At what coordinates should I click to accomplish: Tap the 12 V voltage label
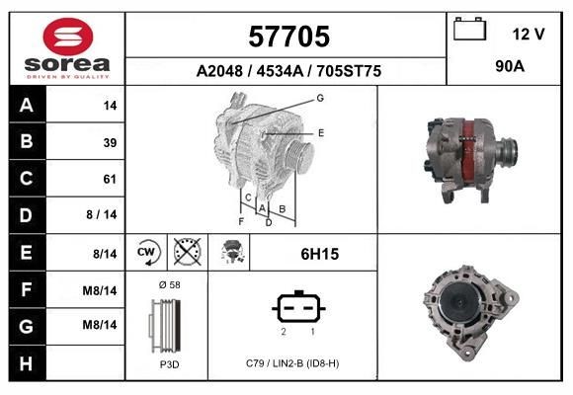click(x=528, y=34)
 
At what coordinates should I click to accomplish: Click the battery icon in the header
click(x=469, y=30)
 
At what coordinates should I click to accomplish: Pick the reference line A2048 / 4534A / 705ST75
click(x=288, y=71)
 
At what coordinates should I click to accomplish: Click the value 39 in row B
click(x=109, y=142)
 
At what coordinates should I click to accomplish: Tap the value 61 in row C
click(x=109, y=179)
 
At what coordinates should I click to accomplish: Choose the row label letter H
click(x=27, y=362)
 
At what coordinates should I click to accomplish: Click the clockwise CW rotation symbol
click(x=146, y=253)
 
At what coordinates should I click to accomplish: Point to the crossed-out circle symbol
click(x=186, y=253)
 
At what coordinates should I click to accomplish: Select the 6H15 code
click(x=319, y=254)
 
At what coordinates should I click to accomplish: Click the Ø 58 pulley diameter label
click(x=170, y=284)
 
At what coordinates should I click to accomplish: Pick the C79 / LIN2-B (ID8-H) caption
click(x=293, y=363)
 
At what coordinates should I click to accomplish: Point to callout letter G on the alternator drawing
click(x=319, y=98)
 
